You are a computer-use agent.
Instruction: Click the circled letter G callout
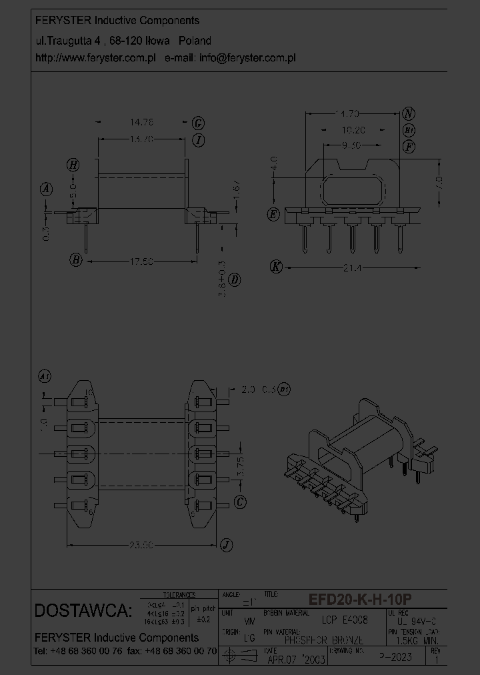coord(198,123)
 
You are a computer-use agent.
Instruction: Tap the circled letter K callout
coord(276,267)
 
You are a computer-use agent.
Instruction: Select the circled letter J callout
coord(227,546)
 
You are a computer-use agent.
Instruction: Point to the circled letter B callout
coord(77,260)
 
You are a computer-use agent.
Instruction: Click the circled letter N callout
coord(409,113)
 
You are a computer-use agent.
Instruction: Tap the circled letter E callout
coord(273,214)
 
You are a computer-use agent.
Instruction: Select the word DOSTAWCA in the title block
coord(83,610)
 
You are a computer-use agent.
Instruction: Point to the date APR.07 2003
coord(294,660)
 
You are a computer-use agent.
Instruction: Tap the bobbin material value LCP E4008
coord(345,620)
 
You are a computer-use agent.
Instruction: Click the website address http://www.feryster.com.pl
coord(95,58)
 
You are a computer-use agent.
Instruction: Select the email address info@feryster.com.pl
coord(247,58)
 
